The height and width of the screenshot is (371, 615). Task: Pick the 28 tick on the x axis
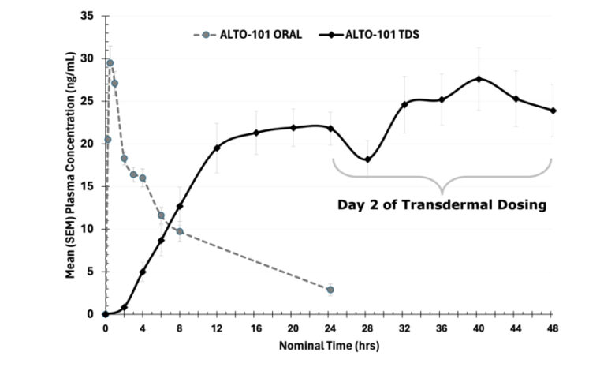pos(367,328)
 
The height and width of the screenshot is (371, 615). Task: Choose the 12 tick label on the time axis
pos(217,328)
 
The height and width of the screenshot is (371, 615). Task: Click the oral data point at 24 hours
pos(330,290)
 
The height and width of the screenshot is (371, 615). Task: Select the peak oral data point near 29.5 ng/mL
pos(110,63)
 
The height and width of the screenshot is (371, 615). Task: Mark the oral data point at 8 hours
pos(180,231)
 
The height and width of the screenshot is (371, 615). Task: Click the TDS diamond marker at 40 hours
pos(479,79)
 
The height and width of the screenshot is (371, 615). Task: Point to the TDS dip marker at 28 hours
pos(367,159)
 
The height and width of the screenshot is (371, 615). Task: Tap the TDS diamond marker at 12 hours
pos(217,148)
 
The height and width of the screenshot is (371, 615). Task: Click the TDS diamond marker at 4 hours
pos(143,272)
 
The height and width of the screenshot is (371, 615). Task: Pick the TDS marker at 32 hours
pos(404,104)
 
